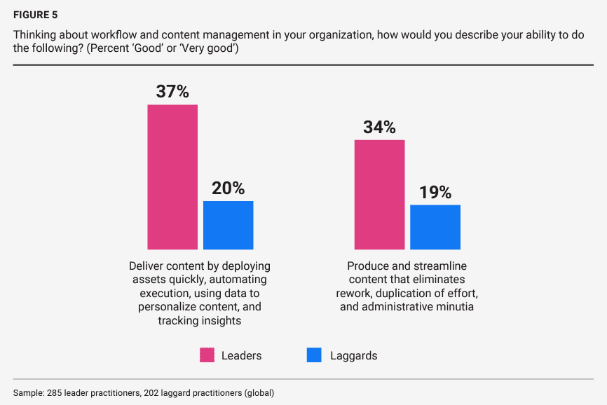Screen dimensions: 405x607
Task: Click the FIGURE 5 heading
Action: click(36, 14)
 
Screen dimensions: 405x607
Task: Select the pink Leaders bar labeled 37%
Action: click(172, 177)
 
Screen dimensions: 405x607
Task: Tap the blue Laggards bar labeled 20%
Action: click(229, 225)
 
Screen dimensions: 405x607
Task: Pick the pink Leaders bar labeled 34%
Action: click(379, 194)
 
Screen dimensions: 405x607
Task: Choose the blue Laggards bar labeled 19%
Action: click(435, 227)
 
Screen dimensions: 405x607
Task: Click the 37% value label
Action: click(172, 92)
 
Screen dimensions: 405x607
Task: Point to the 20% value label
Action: click(229, 188)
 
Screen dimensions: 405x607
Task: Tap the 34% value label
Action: click(379, 128)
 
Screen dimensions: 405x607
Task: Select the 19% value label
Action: click(435, 193)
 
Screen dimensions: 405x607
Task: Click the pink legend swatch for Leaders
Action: click(207, 355)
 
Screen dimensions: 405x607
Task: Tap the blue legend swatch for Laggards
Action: click(315, 355)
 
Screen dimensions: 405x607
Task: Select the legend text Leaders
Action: click(241, 356)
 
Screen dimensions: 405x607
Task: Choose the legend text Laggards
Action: click(354, 356)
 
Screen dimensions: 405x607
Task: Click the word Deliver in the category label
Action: click(146, 267)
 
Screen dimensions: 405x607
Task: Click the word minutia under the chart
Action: click(453, 307)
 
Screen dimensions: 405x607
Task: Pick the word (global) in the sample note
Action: click(259, 393)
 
